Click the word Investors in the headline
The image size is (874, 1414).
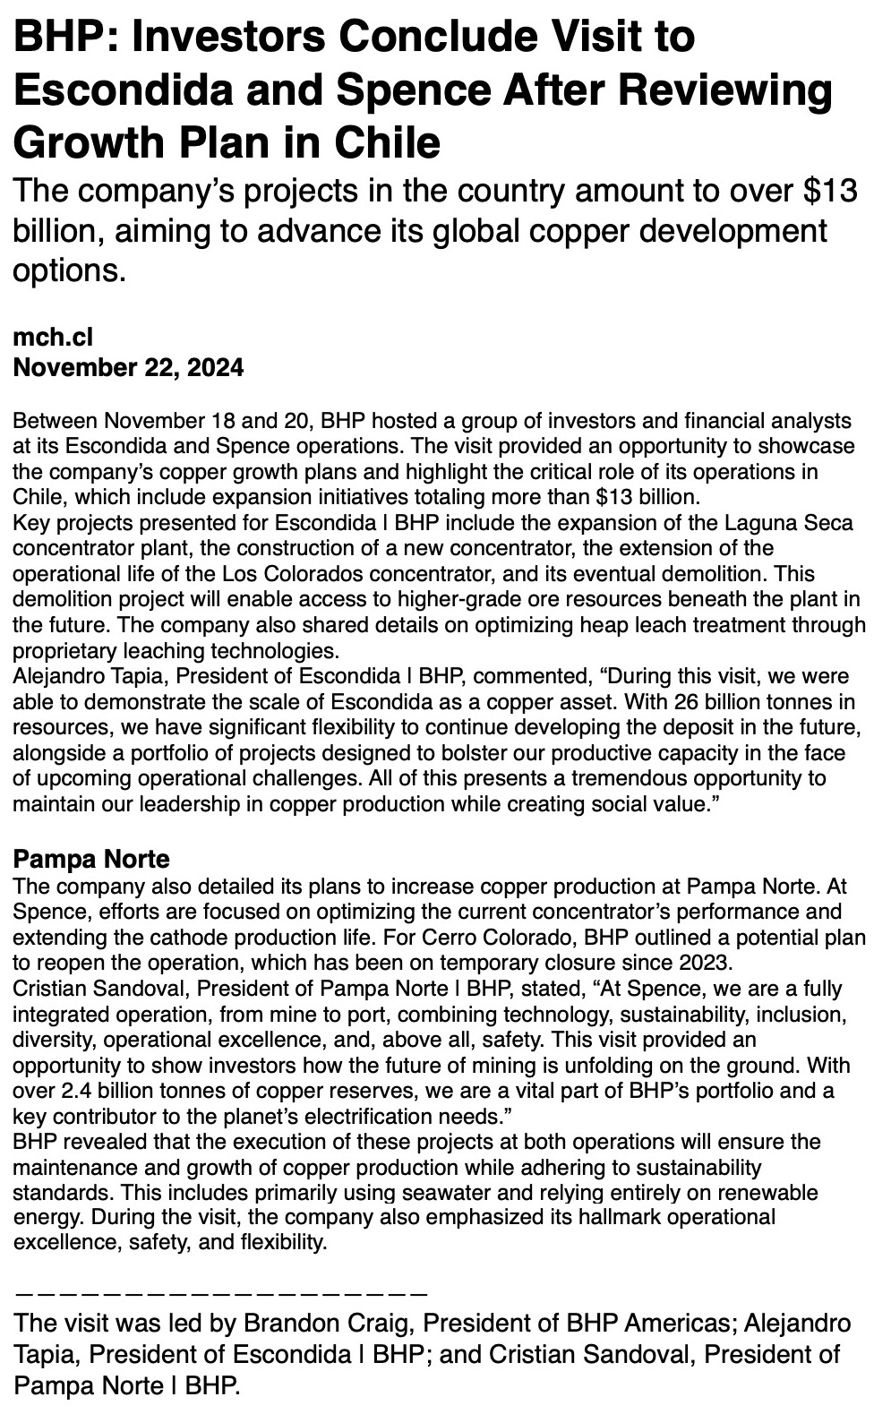tap(215, 38)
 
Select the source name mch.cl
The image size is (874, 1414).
tap(53, 337)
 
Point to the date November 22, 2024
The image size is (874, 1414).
tap(128, 367)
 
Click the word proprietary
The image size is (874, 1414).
tap(64, 650)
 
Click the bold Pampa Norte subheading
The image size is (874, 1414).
tap(91, 860)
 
